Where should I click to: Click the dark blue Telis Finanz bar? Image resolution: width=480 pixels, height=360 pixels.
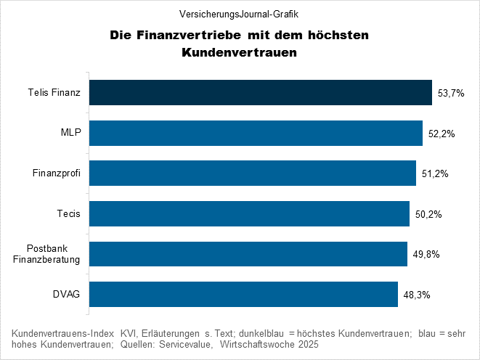coord(260,93)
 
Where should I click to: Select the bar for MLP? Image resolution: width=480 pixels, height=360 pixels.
coord(256,134)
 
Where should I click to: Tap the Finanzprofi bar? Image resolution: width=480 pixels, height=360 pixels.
coord(252,173)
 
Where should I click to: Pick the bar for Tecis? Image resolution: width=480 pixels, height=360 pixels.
coord(249,214)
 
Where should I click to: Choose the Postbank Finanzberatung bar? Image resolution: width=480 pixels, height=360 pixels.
coord(248,254)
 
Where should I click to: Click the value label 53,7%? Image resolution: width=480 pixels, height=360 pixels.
coord(450,94)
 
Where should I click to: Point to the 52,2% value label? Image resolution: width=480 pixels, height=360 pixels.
coord(441,134)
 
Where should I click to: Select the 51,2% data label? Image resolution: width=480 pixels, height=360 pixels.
coord(434,174)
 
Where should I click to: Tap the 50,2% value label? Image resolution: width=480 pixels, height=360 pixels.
coord(428,215)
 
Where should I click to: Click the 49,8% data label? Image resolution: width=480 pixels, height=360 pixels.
coord(426,255)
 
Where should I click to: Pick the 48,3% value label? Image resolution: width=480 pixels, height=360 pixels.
coord(416,295)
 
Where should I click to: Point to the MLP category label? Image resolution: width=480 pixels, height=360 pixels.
coord(70,134)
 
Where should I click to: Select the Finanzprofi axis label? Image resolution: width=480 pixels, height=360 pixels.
coord(56,173)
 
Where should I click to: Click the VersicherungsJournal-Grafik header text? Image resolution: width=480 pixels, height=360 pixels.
coord(240,14)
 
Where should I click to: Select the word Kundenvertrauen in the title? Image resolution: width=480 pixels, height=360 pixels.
coord(240,53)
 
